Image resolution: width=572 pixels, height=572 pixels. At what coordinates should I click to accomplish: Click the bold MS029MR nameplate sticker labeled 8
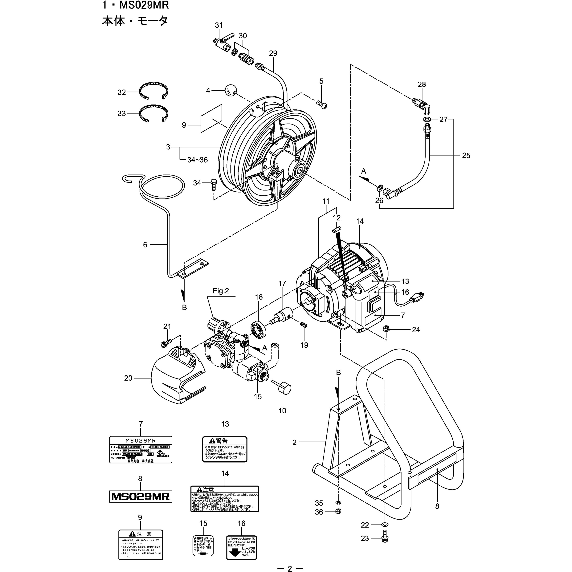[141, 496]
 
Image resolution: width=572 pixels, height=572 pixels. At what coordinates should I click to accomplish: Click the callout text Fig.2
[221, 291]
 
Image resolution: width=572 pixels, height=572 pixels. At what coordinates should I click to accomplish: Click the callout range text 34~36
[198, 160]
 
